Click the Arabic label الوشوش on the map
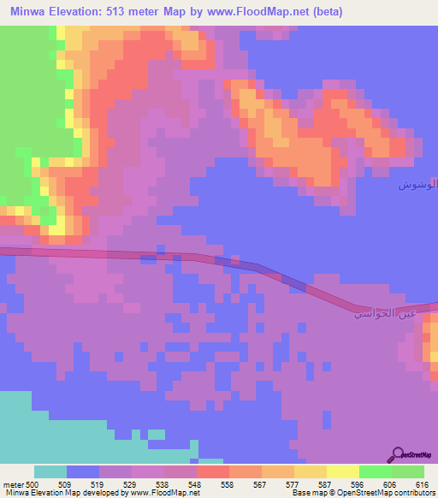[x=418, y=185]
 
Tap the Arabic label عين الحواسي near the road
[x=383, y=313]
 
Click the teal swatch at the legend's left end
[x=50, y=471]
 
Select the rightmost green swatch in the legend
[x=408, y=471]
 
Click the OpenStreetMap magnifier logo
[x=398, y=454]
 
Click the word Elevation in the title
[x=84, y=11]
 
